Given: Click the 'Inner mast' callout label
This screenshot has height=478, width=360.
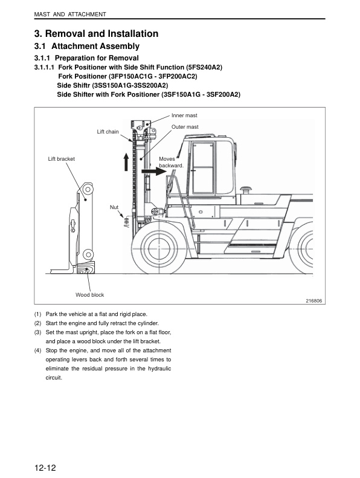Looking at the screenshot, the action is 184,115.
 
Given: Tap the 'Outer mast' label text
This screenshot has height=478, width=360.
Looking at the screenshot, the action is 185,127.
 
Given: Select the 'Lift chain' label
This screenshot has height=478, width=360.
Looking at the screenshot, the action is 108,132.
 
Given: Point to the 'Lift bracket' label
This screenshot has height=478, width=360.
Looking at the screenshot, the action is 61,159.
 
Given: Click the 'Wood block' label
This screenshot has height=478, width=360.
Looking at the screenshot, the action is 89,295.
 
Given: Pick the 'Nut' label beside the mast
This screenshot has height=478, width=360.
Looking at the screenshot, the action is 114,207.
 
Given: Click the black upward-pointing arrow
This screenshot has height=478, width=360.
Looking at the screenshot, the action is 126,161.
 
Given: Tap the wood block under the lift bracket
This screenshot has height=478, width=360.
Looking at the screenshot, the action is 85,267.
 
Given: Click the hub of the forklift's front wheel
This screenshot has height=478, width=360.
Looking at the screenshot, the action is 159,247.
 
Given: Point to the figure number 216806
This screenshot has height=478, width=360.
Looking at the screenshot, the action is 314,301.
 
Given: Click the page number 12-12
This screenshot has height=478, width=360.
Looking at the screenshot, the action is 45,468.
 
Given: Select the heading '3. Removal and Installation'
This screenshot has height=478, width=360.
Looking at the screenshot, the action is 96,33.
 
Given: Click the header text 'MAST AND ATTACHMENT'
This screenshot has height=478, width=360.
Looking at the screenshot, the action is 70,15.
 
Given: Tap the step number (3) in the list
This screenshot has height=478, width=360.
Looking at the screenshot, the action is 37,332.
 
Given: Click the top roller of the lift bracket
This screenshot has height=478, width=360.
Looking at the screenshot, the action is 88,189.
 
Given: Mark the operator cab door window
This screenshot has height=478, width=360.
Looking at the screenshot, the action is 202,167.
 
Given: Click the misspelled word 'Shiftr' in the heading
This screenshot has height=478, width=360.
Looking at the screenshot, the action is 80,85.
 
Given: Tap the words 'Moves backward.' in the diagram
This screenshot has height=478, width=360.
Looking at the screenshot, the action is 171,162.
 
